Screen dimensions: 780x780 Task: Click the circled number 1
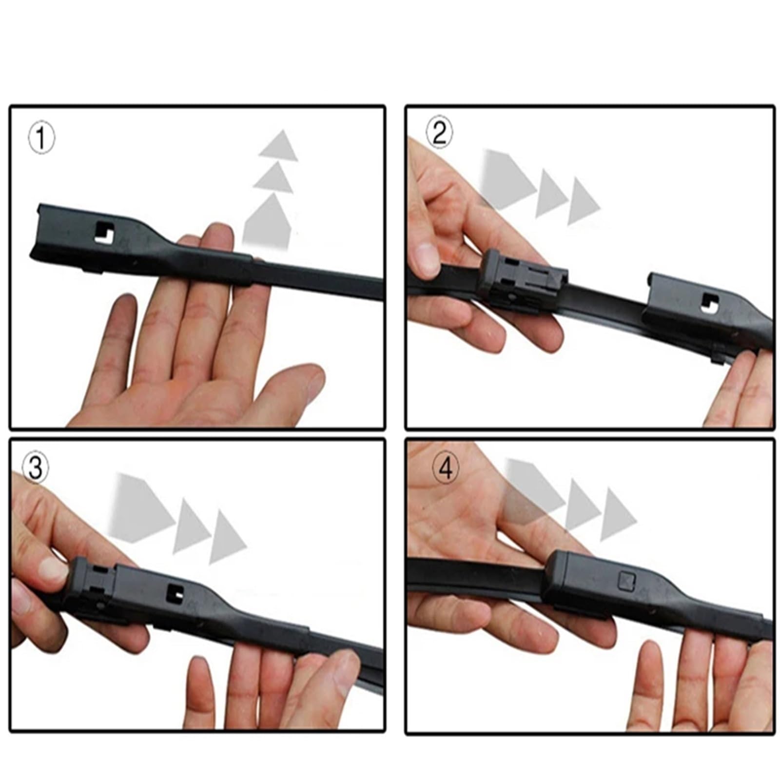[x=41, y=138]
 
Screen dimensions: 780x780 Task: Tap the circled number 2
[x=439, y=132]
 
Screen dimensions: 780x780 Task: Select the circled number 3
[x=36, y=468]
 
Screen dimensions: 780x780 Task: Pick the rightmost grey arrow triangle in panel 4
[x=618, y=514]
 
